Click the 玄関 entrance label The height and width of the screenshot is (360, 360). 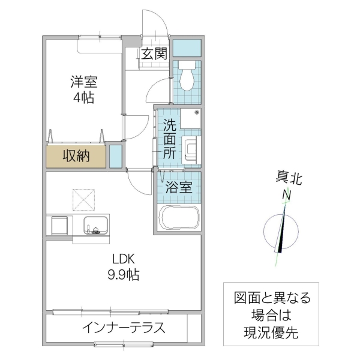pyautogui.click(x=154, y=54)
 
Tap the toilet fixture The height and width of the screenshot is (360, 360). pyautogui.click(x=186, y=74)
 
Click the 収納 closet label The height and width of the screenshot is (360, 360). pyautogui.click(x=76, y=157)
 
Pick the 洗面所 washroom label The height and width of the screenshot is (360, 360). pyautogui.click(x=170, y=139)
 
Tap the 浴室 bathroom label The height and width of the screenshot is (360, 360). pyautogui.click(x=179, y=187)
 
